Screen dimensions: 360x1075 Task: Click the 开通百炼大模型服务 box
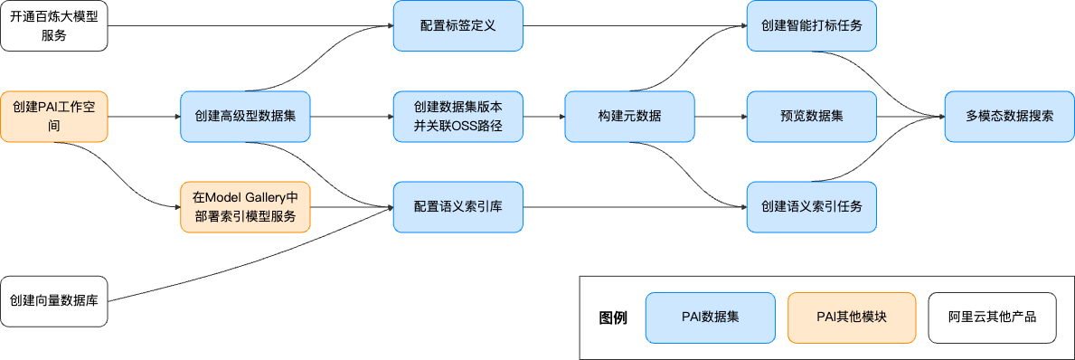(x=54, y=26)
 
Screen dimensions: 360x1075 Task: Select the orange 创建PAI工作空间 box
(x=54, y=117)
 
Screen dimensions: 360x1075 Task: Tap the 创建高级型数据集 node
(x=245, y=117)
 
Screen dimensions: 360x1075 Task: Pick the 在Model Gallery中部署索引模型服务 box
(x=245, y=207)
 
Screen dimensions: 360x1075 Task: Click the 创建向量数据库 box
(x=54, y=300)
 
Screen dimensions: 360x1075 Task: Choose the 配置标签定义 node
(x=457, y=26)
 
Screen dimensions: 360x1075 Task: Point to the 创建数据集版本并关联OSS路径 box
(x=457, y=117)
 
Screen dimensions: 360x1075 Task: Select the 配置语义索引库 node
(x=457, y=207)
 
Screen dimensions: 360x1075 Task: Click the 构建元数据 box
(x=629, y=117)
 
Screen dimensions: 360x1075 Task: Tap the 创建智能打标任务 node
(x=812, y=26)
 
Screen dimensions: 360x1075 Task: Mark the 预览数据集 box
(x=812, y=117)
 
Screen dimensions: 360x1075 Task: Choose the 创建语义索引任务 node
(x=812, y=207)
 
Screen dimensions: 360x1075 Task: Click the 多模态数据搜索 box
(x=1009, y=117)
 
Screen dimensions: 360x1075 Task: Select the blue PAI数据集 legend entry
(x=710, y=317)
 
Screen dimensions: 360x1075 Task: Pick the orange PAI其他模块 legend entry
(x=852, y=317)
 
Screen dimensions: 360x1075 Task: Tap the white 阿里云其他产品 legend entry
(x=992, y=317)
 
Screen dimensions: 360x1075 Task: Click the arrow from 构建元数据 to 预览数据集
(x=721, y=117)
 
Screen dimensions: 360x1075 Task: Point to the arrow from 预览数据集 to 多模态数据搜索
(x=910, y=117)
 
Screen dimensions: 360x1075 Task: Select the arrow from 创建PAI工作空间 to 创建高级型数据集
(x=145, y=117)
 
